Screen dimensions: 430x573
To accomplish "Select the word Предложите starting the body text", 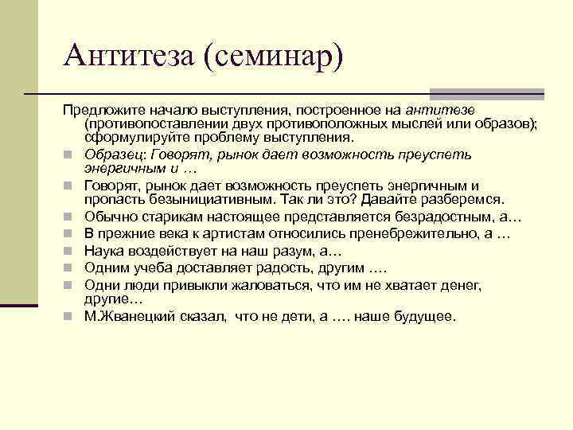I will [x=99, y=108].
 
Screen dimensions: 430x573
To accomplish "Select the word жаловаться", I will [x=271, y=284].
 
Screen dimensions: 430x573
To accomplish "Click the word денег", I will [x=462, y=284].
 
